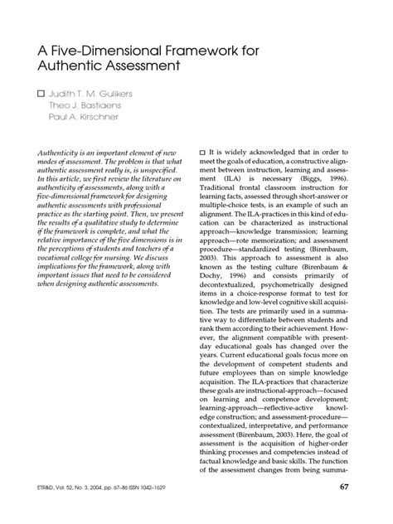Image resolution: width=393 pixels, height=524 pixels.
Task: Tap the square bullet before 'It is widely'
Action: click(x=204, y=153)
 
